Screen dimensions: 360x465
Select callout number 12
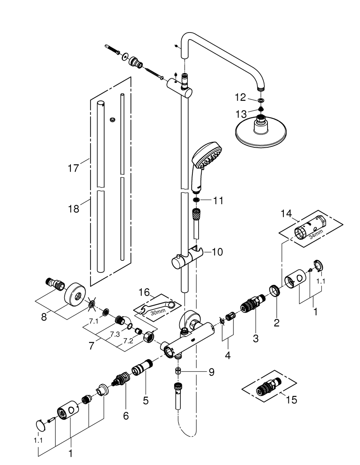pos(240,98)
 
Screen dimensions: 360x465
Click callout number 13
pos(241,114)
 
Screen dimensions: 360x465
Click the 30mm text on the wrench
pos(158,312)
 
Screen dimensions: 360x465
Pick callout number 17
pos(73,168)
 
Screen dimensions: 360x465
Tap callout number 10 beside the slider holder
pos(217,252)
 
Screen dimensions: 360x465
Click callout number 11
pos(218,201)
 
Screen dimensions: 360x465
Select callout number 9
pos(211,372)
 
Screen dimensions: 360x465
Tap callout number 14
pos(286,214)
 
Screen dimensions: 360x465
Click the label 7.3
pos(115,334)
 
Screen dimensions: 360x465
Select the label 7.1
pos(93,321)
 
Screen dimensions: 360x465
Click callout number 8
pos(44,317)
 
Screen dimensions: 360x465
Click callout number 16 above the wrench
pos(144,292)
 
